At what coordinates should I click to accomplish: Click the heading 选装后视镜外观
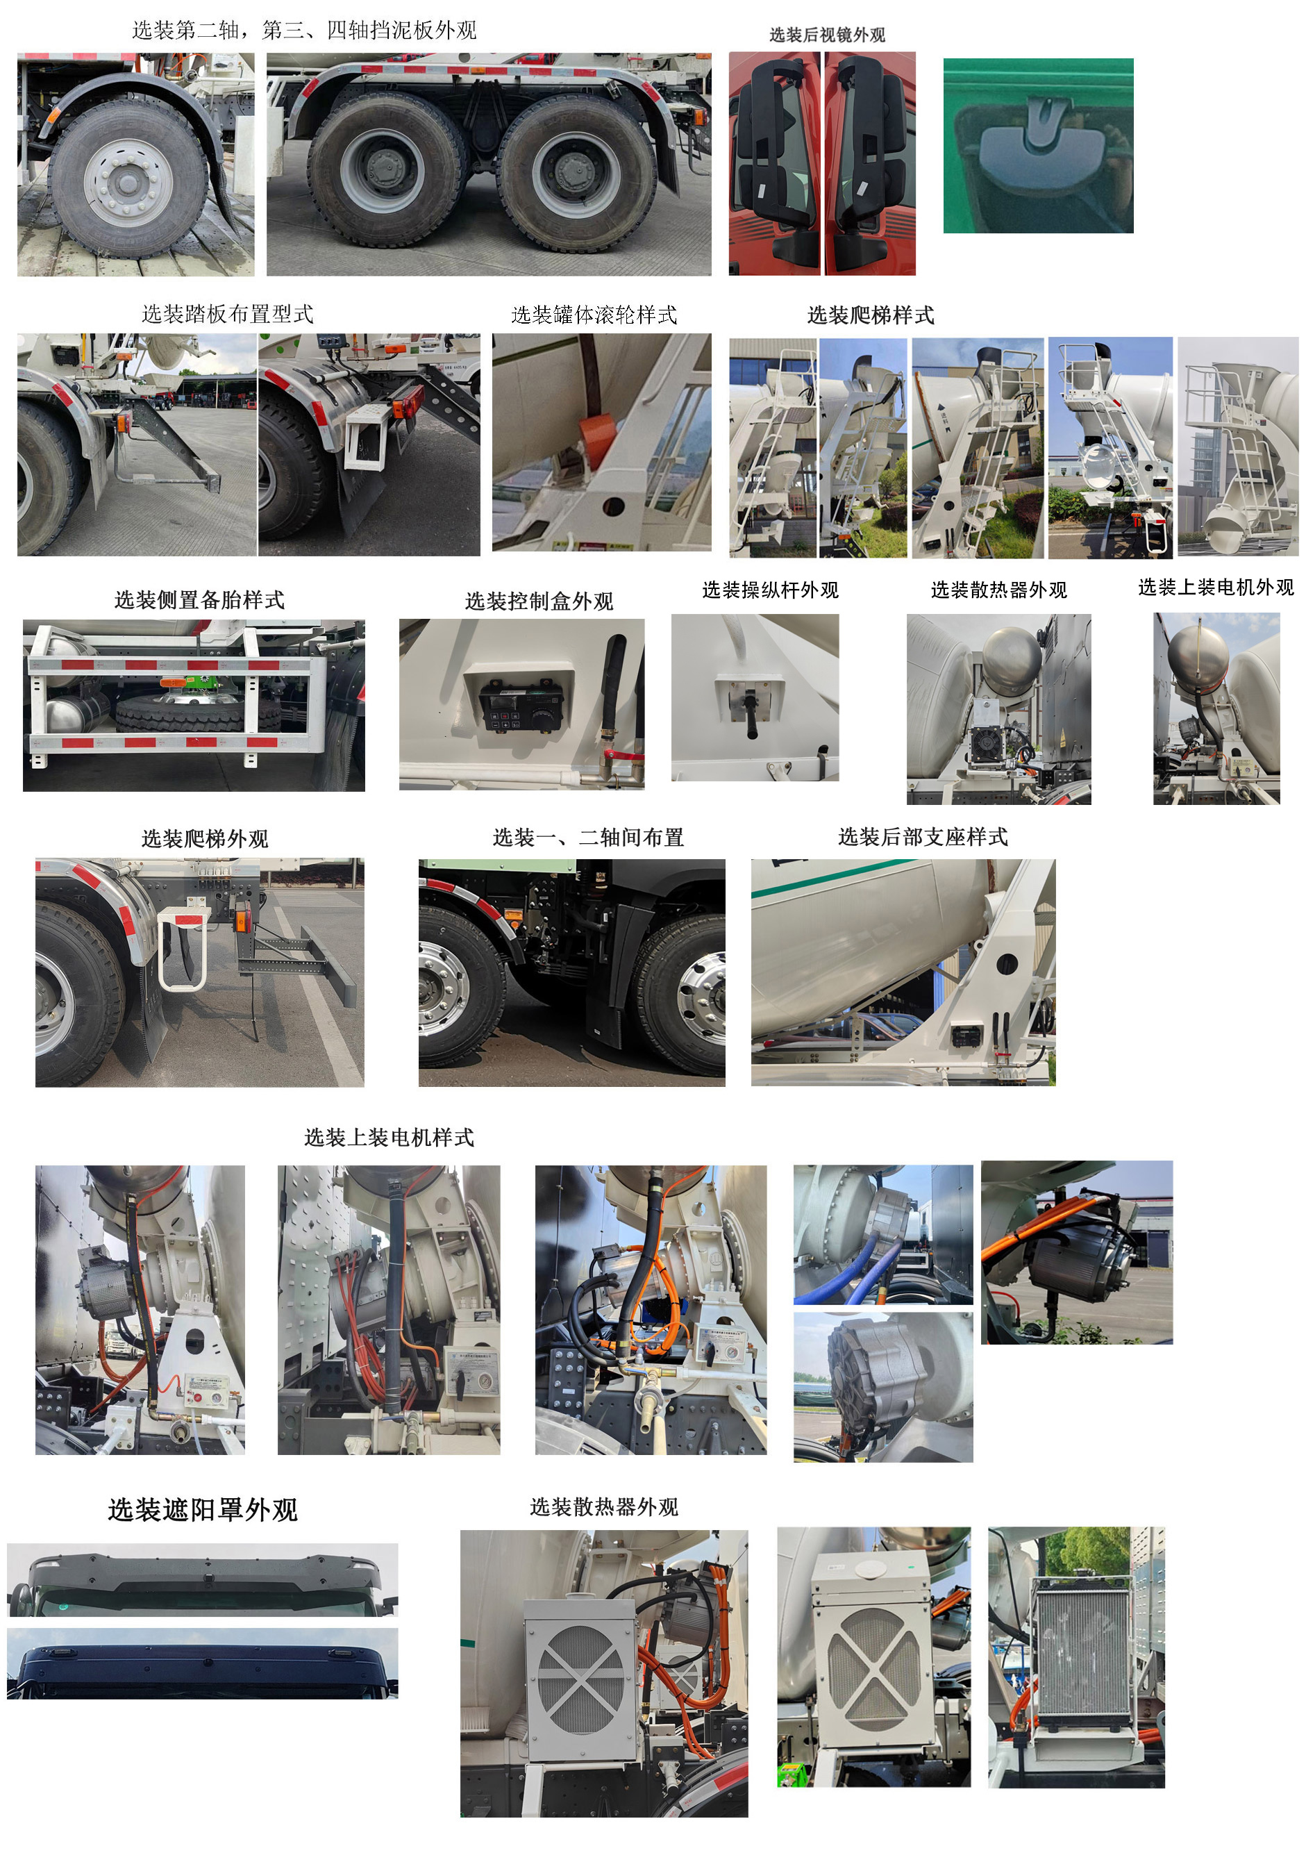coord(827,35)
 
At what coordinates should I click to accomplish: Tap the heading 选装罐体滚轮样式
coord(594,315)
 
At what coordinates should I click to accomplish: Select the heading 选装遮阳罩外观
coord(203,1509)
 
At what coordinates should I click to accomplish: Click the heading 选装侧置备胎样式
coord(199,599)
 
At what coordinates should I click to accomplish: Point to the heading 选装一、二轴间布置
coord(588,837)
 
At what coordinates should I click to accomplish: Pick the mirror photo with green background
coord(1038,146)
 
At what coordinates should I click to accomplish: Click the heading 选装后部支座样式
coord(923,837)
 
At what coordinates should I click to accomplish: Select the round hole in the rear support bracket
coord(1006,963)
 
